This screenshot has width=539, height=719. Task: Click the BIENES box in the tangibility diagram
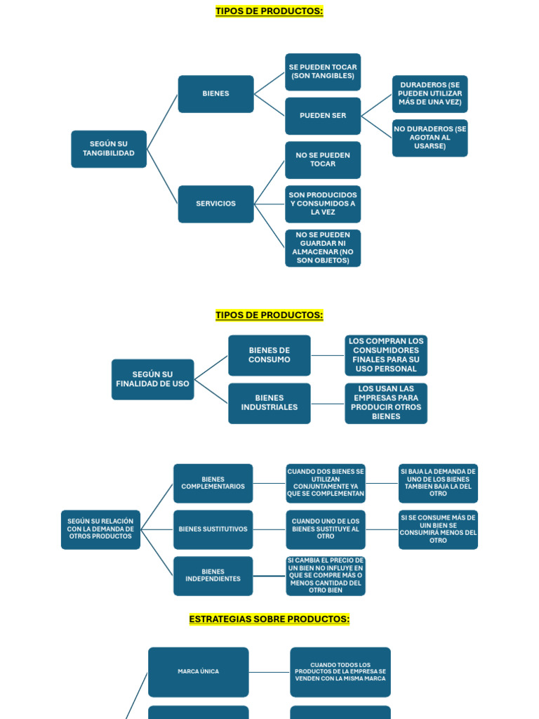pos(215,94)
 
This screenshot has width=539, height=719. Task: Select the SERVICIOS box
pos(215,204)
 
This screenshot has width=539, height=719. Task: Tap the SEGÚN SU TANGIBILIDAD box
pos(109,149)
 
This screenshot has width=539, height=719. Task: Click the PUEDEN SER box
pos(323,116)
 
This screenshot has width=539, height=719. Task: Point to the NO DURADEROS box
pos(430,138)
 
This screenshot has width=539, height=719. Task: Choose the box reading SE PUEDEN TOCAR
pos(323,72)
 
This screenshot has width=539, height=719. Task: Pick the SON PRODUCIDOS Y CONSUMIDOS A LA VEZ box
pos(323,204)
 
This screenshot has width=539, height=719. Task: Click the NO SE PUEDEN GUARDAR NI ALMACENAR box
pos(323,248)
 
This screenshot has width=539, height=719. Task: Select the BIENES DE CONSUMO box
pos(269,355)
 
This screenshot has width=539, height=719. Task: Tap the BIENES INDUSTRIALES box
pos(269,403)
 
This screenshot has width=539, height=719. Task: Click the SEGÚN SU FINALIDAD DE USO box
pos(152,379)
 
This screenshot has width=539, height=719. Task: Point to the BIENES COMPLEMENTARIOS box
pos(213,483)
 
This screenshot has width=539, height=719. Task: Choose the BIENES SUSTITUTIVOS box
pos(213,529)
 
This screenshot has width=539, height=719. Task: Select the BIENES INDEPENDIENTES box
pos(213,576)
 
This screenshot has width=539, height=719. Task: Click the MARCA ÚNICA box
pos(198,672)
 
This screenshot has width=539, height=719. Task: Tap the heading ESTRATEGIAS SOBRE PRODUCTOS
pos(269,619)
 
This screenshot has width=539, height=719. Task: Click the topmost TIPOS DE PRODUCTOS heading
pos(269,11)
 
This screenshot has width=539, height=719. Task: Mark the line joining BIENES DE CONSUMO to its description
pos(328,355)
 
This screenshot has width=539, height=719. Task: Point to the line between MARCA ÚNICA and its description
pos(269,672)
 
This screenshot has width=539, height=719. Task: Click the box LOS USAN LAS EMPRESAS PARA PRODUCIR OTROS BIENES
pos(386,403)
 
